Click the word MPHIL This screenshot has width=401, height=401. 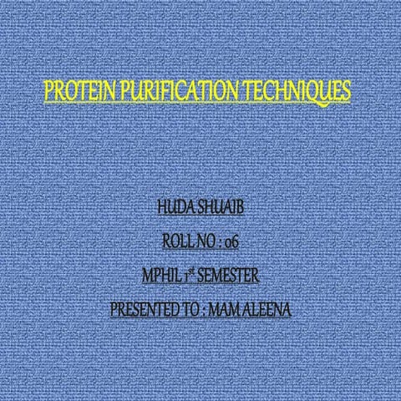tap(163, 276)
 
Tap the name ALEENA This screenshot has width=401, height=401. tap(268, 310)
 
